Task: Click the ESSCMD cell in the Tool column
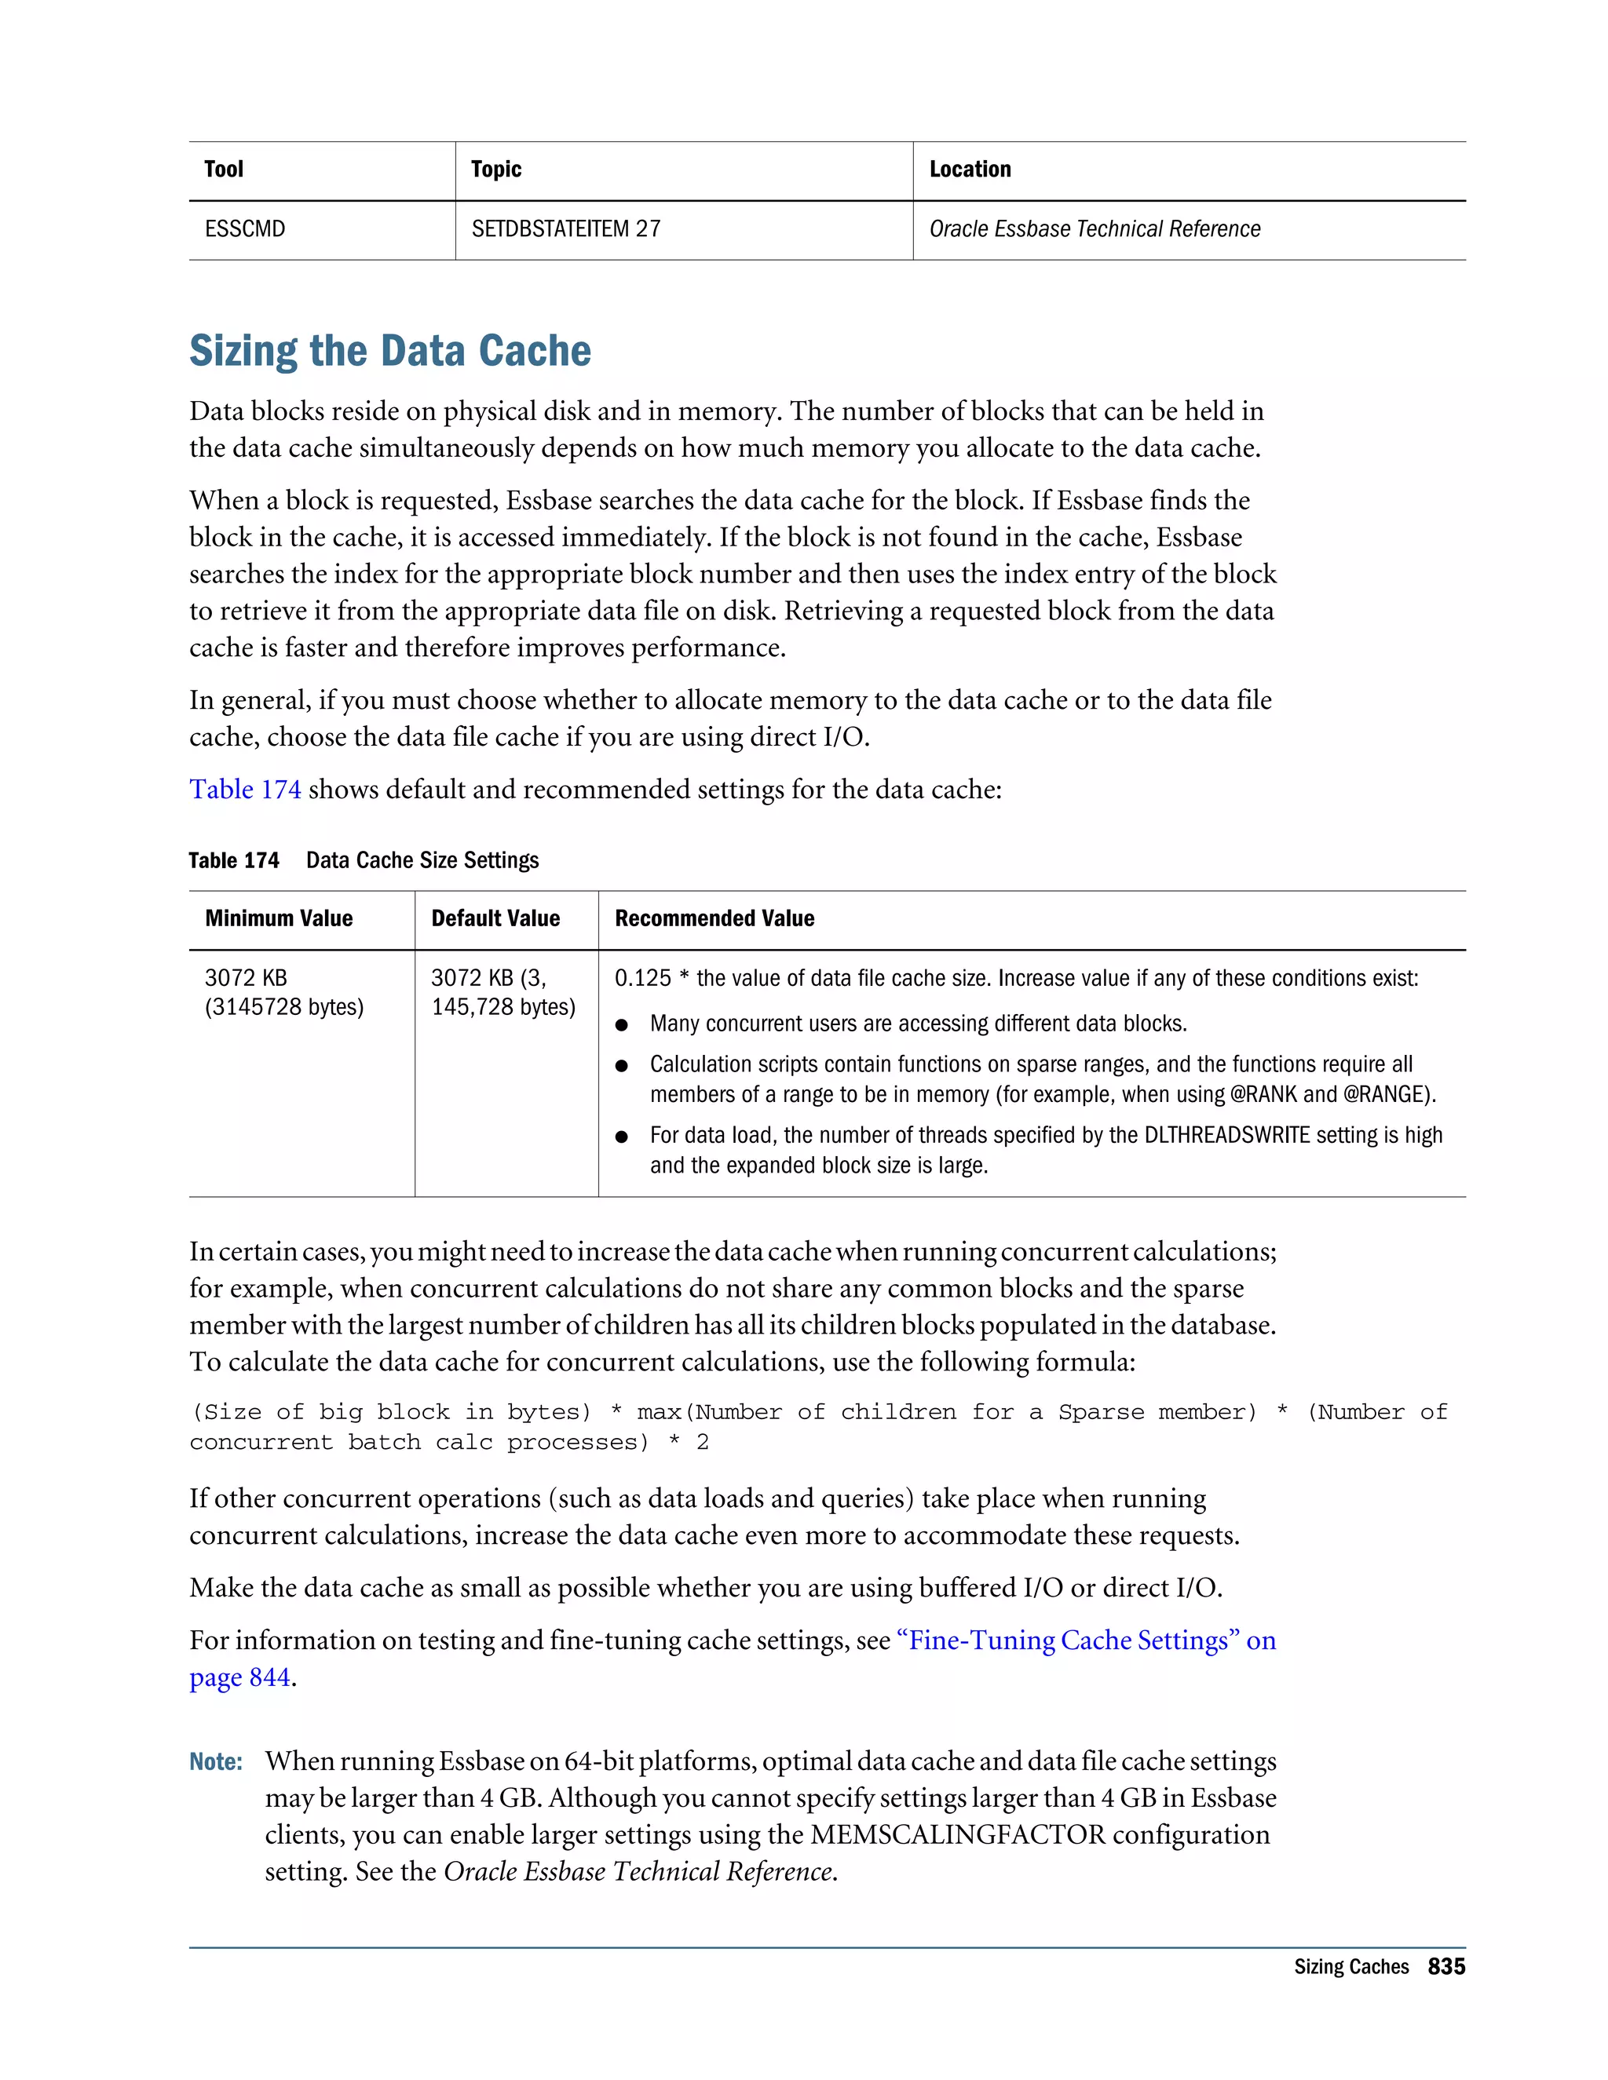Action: [245, 229]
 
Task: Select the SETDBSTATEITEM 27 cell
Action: [566, 229]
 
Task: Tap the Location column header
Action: [970, 170]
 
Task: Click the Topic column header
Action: [495, 170]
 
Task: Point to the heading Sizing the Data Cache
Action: [389, 351]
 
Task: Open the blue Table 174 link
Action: [245, 790]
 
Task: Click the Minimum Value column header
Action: [278, 919]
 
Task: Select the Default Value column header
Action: [495, 919]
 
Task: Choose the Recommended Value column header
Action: [714, 919]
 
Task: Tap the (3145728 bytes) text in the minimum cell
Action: [284, 1008]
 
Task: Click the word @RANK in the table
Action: [1263, 1095]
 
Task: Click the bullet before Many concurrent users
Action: [622, 1026]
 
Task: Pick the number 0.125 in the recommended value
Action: [643, 979]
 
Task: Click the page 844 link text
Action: [239, 1678]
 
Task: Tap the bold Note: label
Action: [215, 1763]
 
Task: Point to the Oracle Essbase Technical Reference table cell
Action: [1095, 229]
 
